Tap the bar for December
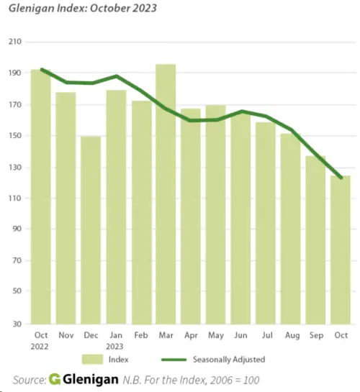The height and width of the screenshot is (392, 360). (91, 230)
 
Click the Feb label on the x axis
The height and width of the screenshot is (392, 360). (140, 335)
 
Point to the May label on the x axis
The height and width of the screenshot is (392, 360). (215, 335)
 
